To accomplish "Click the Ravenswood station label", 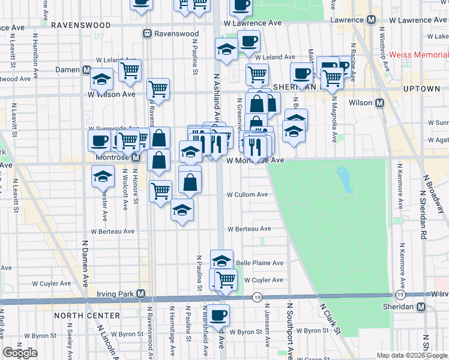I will [175, 34].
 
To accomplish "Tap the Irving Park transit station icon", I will [140, 294].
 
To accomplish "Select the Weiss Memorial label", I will [418, 55].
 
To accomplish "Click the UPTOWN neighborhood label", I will [421, 89].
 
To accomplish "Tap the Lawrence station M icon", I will [371, 20].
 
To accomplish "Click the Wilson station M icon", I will [379, 103].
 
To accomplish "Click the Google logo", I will [20, 353].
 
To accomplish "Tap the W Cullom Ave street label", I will [247, 194].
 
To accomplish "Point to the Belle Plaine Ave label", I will [259, 263].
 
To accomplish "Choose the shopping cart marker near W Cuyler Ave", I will [226, 279].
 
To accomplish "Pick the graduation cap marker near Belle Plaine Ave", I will [221, 260].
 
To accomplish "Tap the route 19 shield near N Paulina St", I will [257, 297].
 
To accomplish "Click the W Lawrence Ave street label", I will [253, 23].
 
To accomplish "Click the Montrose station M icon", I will [136, 158].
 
